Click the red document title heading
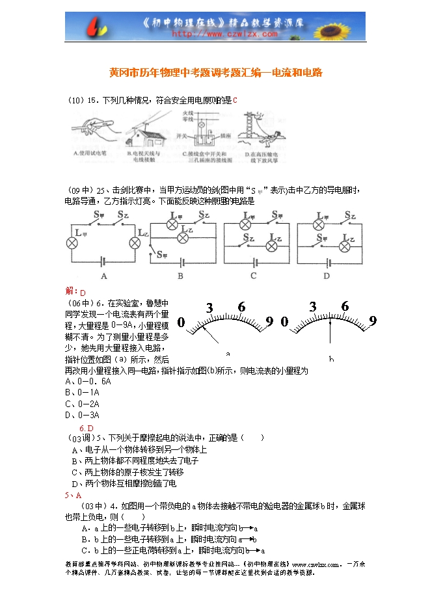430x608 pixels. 215,73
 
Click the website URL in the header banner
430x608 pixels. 215,33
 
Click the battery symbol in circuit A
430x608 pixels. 104,261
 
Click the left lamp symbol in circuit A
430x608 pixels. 72,243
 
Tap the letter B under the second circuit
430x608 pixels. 180,276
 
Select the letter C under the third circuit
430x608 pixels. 253,276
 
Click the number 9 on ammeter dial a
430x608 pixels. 269,321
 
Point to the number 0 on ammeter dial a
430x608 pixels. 181,322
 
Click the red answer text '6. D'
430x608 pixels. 87,427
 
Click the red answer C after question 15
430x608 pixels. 235,100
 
